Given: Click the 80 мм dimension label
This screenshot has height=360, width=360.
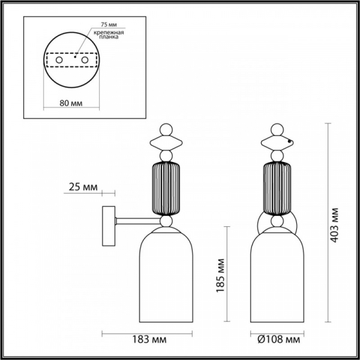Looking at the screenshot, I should point(72,103).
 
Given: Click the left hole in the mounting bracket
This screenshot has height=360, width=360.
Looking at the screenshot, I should point(59,61).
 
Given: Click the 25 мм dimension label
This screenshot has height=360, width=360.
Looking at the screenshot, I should point(83,188).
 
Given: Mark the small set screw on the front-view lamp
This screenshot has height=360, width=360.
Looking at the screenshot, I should point(290,142).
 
